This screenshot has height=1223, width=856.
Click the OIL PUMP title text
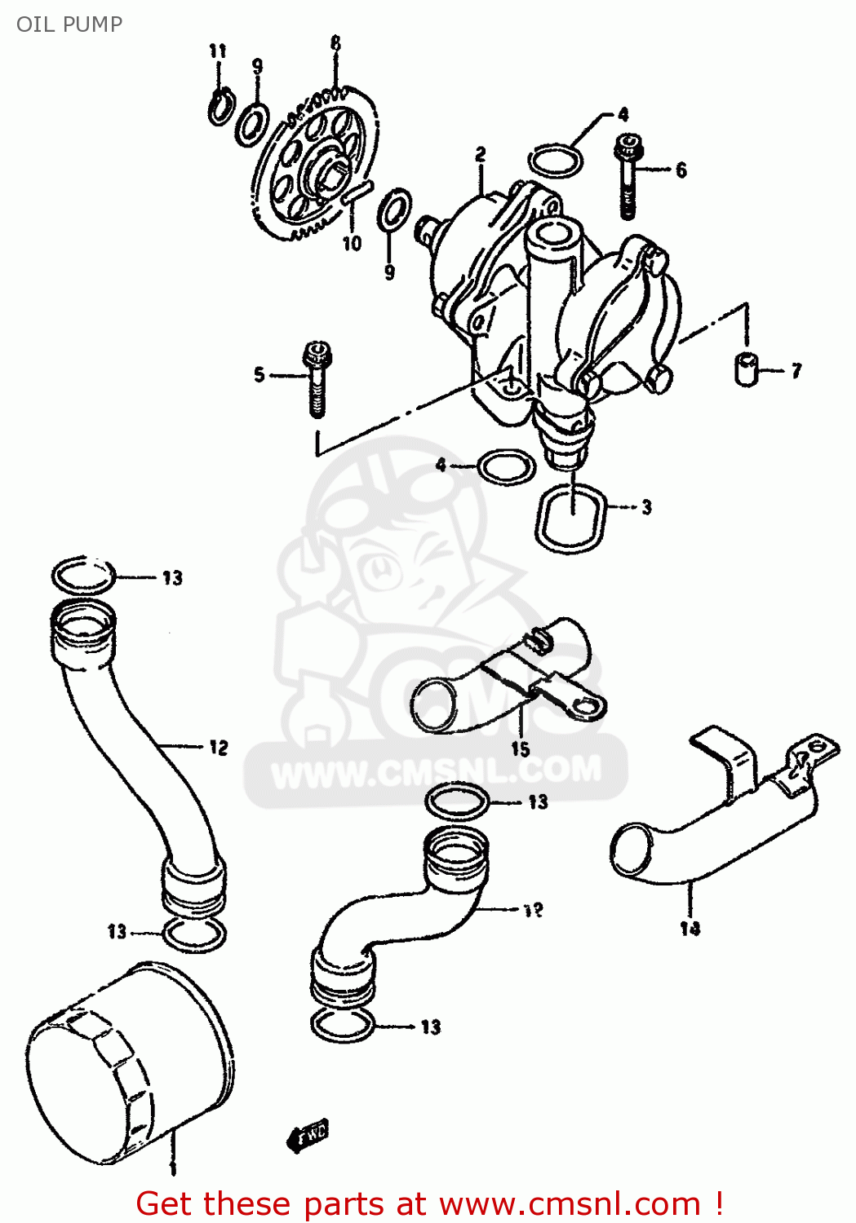click(x=69, y=24)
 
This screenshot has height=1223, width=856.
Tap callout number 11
click(x=217, y=51)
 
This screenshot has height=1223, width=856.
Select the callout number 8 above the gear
click(x=335, y=43)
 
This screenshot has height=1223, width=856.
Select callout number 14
click(x=690, y=928)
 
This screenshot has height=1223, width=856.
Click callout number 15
click(x=521, y=748)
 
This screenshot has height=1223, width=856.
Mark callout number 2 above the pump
click(x=481, y=153)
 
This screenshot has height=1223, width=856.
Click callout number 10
click(x=351, y=243)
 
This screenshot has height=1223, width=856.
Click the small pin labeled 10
click(x=357, y=194)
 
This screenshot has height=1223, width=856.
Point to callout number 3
click(x=646, y=507)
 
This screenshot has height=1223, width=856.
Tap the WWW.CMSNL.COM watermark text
click(x=436, y=770)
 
